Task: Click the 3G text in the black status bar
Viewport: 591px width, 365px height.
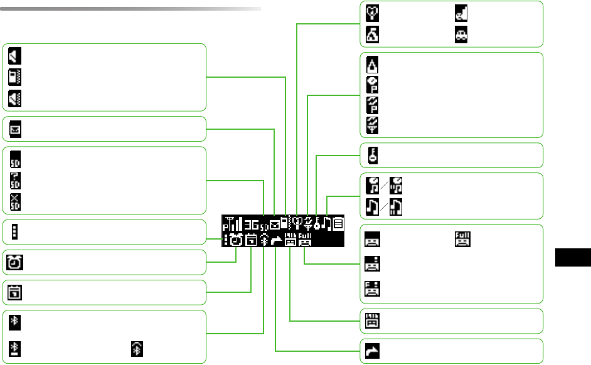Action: click(x=251, y=224)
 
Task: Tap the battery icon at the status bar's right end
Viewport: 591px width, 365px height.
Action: click(x=338, y=223)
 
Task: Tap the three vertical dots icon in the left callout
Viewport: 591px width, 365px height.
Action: click(x=14, y=231)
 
